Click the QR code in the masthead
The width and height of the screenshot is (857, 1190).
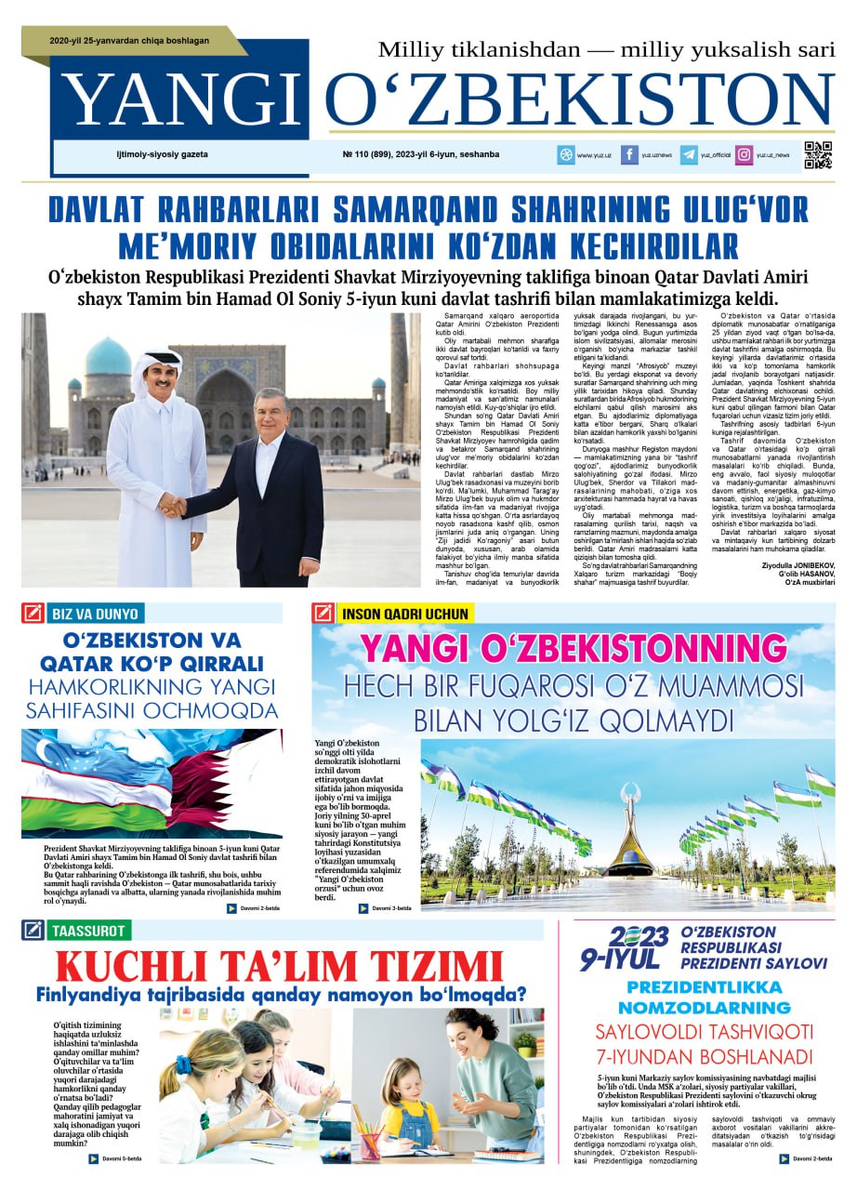(818, 154)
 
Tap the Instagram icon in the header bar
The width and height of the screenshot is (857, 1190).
(744, 155)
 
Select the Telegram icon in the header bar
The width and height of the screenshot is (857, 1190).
(689, 155)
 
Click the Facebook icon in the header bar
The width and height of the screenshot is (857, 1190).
(629, 155)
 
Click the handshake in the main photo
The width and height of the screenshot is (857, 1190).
(172, 505)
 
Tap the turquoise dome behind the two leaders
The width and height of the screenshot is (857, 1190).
(108, 358)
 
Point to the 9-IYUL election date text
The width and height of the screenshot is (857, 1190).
(620, 959)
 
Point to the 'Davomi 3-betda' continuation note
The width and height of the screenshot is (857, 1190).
(386, 908)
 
